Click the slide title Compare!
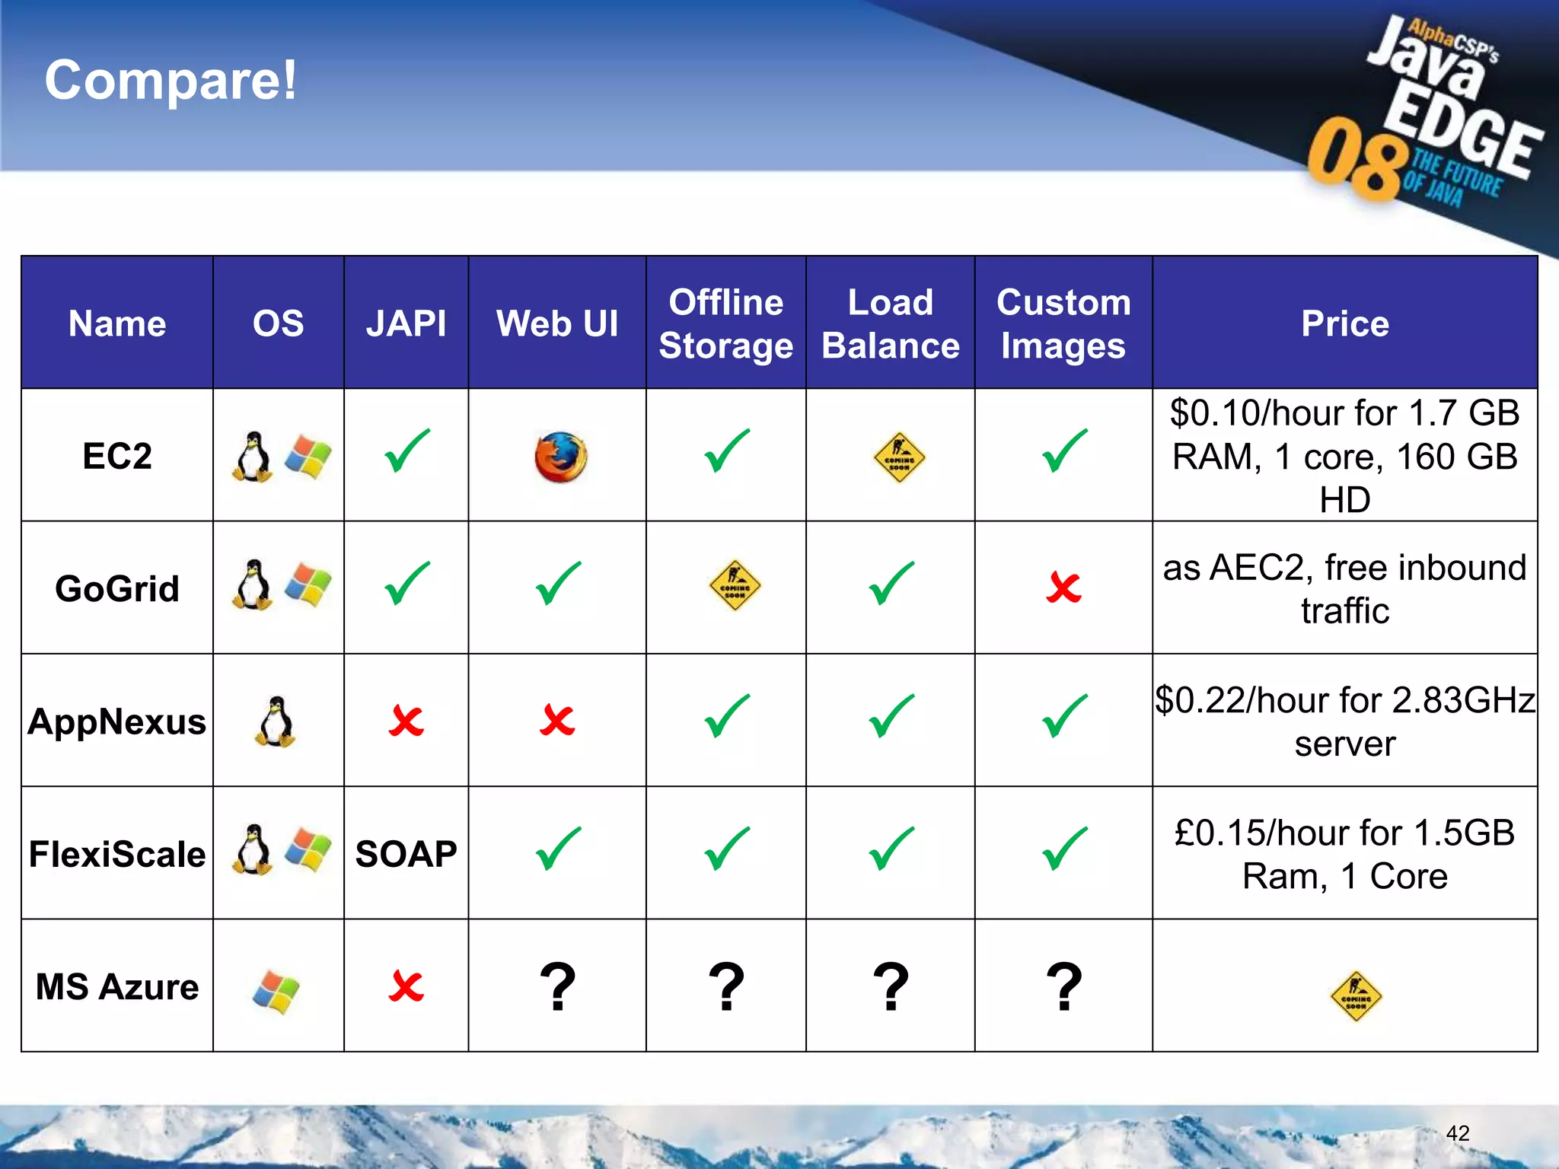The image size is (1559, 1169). [171, 80]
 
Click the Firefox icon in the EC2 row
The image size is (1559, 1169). [561, 457]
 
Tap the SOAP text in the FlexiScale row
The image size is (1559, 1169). [406, 854]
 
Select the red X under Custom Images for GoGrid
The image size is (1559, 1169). [1063, 588]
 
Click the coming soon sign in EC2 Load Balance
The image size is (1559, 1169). [899, 457]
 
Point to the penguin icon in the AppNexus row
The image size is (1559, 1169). [275, 721]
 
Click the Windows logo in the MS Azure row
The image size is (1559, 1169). [276, 991]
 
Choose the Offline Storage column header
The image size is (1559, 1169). [725, 323]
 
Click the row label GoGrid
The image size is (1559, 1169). [117, 588]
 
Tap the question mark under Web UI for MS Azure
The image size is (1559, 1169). [557, 987]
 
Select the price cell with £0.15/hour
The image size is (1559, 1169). [1344, 854]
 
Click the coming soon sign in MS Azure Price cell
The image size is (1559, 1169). [1356, 995]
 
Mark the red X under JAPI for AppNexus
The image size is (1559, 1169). [406, 721]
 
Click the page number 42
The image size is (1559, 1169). [1457, 1133]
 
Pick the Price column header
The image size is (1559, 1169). [1344, 323]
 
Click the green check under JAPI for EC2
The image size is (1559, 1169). [407, 451]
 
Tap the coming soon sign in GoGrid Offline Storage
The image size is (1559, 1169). [735, 586]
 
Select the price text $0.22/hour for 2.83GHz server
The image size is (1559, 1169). [1344, 721]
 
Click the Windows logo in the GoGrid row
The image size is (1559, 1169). [308, 585]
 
